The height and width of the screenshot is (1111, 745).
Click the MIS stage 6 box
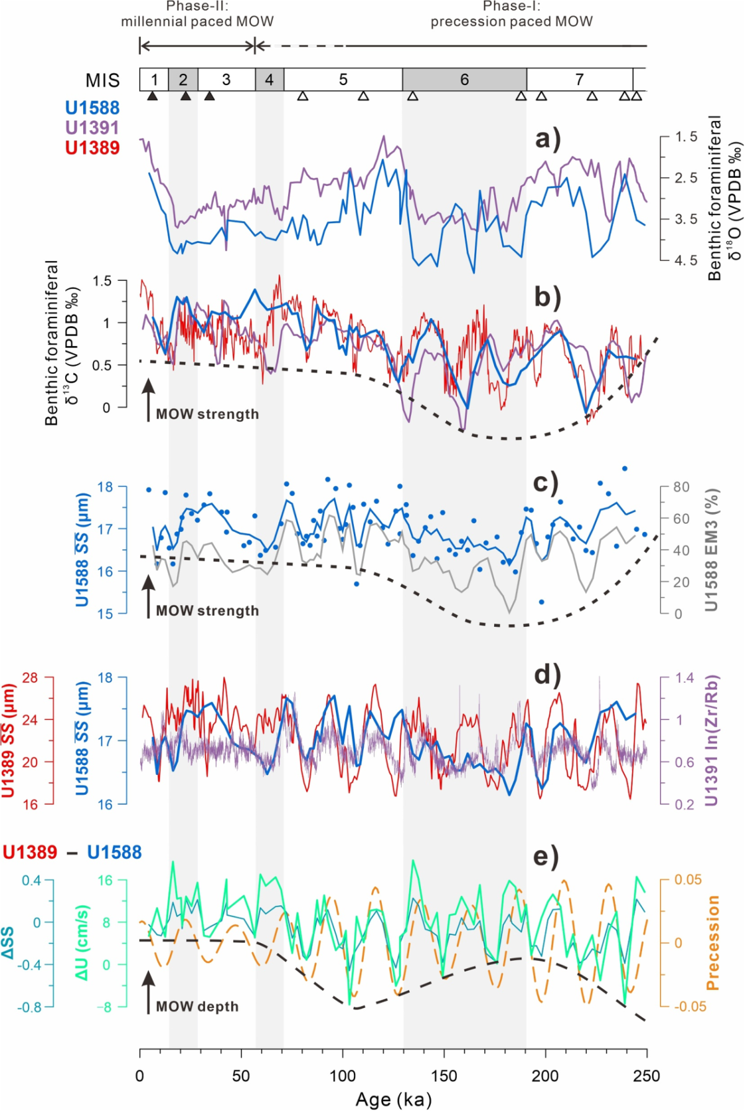464,80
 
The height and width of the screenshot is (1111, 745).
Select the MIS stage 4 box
269,80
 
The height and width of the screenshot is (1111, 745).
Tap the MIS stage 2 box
183,80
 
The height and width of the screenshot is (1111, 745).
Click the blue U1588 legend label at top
92,108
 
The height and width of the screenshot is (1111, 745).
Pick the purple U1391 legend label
92,128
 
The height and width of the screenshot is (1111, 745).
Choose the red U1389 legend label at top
92,148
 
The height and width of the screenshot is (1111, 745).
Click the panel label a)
548,139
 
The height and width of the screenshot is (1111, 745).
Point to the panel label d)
548,675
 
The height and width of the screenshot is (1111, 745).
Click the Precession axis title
712,943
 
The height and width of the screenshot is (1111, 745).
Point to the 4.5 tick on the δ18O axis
686,260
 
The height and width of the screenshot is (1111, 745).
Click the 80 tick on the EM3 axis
682,487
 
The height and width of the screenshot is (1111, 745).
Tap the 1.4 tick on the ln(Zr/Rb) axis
685,678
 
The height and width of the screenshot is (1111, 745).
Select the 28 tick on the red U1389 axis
30,678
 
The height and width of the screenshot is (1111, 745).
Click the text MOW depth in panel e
197,1007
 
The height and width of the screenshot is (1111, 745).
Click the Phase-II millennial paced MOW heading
197,14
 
